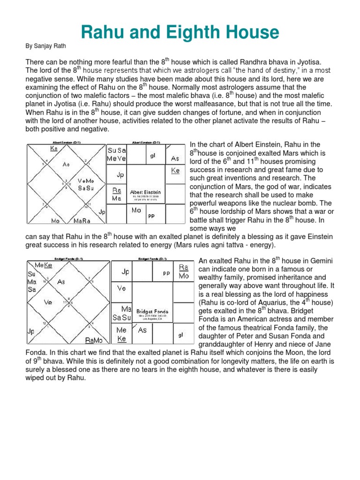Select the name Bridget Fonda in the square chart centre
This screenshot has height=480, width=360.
pyautogui.click(x=152, y=311)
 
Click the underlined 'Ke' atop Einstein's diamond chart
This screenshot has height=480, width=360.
pyautogui.click(x=54, y=148)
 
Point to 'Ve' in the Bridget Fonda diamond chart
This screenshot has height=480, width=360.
pyautogui.click(x=48, y=302)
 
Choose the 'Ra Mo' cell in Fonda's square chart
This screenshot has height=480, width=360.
pyautogui.click(x=184, y=271)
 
